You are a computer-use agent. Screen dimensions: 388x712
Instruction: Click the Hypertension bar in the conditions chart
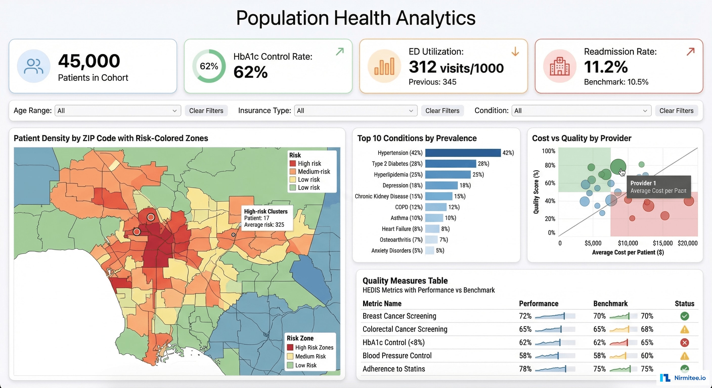[463, 153]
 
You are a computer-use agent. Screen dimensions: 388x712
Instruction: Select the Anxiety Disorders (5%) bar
[429, 251]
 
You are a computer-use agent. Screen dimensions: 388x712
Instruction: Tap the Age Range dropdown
[118, 111]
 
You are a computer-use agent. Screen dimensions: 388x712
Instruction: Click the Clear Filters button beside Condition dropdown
[676, 111]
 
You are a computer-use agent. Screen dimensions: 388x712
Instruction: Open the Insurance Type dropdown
[355, 111]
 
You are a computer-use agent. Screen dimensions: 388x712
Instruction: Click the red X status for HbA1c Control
[684, 343]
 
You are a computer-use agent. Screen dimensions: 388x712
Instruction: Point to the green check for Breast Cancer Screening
[684, 316]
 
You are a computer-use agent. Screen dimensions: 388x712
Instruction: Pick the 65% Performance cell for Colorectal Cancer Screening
[525, 329]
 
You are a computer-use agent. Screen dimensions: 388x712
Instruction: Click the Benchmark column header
[610, 303]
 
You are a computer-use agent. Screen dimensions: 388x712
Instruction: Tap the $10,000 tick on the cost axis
[628, 243]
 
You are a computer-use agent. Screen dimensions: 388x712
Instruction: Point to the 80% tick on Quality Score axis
[550, 165]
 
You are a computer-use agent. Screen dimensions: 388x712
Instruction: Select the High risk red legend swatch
[293, 163]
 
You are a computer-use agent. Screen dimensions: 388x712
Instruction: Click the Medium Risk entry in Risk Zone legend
[310, 356]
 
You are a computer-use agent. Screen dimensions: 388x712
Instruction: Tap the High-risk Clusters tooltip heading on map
[266, 211]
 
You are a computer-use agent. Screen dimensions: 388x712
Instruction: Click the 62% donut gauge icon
[209, 66]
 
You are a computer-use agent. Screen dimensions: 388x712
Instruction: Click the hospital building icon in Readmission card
[560, 66]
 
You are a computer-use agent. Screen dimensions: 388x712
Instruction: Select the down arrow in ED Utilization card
[515, 52]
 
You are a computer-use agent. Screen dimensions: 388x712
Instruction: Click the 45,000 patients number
[89, 61]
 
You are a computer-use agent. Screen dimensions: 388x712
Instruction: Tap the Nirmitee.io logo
[683, 377]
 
